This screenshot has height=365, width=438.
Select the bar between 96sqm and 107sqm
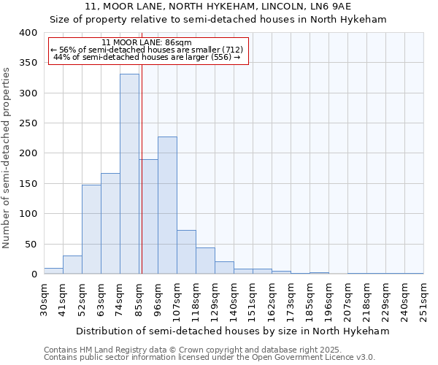click(167, 205)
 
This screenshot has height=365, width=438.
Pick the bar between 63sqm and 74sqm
click(110, 223)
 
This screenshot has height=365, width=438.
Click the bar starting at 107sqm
click(186, 252)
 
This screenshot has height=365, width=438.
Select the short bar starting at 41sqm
click(72, 265)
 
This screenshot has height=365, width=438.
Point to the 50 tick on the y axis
click(31, 244)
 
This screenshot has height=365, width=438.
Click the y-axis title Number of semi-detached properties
click(7, 157)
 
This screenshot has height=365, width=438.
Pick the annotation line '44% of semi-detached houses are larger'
click(147, 58)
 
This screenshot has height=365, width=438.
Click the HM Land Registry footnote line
click(209, 350)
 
